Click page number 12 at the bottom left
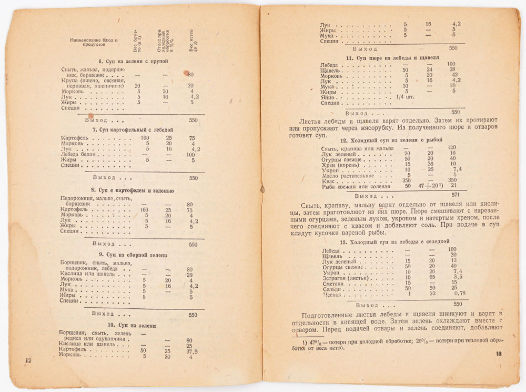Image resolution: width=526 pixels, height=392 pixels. pos(28,360)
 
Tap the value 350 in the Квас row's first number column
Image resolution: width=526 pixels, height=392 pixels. pos(406,180)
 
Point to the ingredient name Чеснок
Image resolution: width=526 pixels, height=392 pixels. pos(332,295)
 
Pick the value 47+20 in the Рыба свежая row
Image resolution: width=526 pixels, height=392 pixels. pos(427,186)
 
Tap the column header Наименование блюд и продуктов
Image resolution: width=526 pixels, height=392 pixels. pos(95,42)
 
